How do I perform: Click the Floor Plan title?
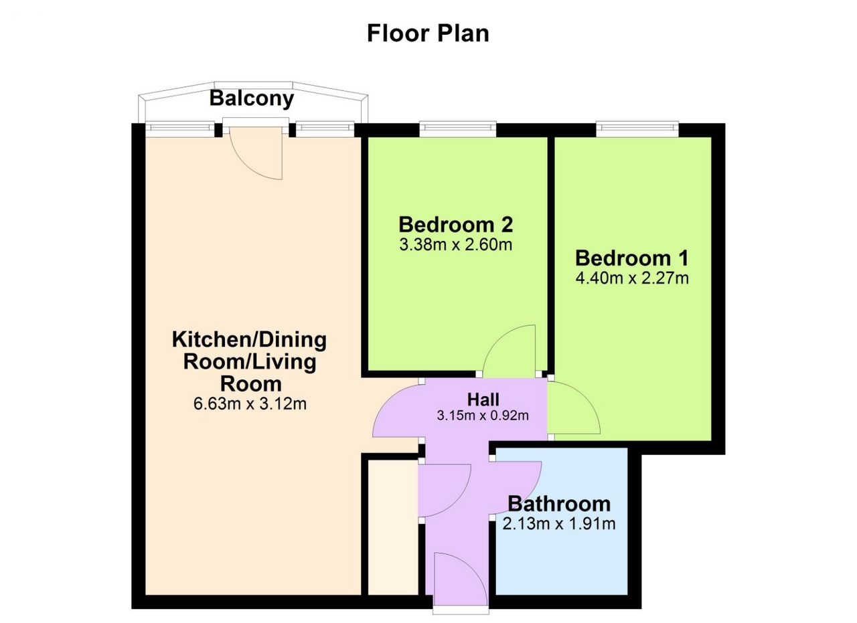point(428,33)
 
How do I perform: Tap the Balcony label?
point(251,98)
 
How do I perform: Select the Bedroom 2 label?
point(455,224)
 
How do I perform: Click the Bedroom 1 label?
point(631,258)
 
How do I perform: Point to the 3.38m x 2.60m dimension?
point(455,244)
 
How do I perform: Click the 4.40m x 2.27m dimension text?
point(631,278)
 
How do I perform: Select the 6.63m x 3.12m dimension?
point(249,404)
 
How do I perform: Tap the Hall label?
point(483,400)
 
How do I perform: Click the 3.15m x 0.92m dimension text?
point(483,416)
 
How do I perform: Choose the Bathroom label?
point(559,503)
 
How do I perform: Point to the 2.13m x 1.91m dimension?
point(559,523)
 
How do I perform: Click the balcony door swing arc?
point(258,157)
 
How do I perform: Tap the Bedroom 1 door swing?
point(572,410)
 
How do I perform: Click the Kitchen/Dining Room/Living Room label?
point(249,361)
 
